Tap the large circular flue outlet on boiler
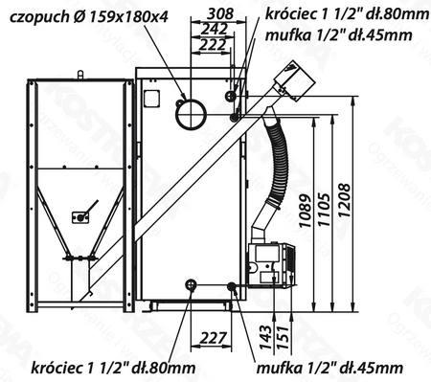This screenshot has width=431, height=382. click(x=191, y=115)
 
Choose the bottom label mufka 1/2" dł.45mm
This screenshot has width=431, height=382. click(x=330, y=367)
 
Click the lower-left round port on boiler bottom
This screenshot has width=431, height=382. click(x=192, y=284)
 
